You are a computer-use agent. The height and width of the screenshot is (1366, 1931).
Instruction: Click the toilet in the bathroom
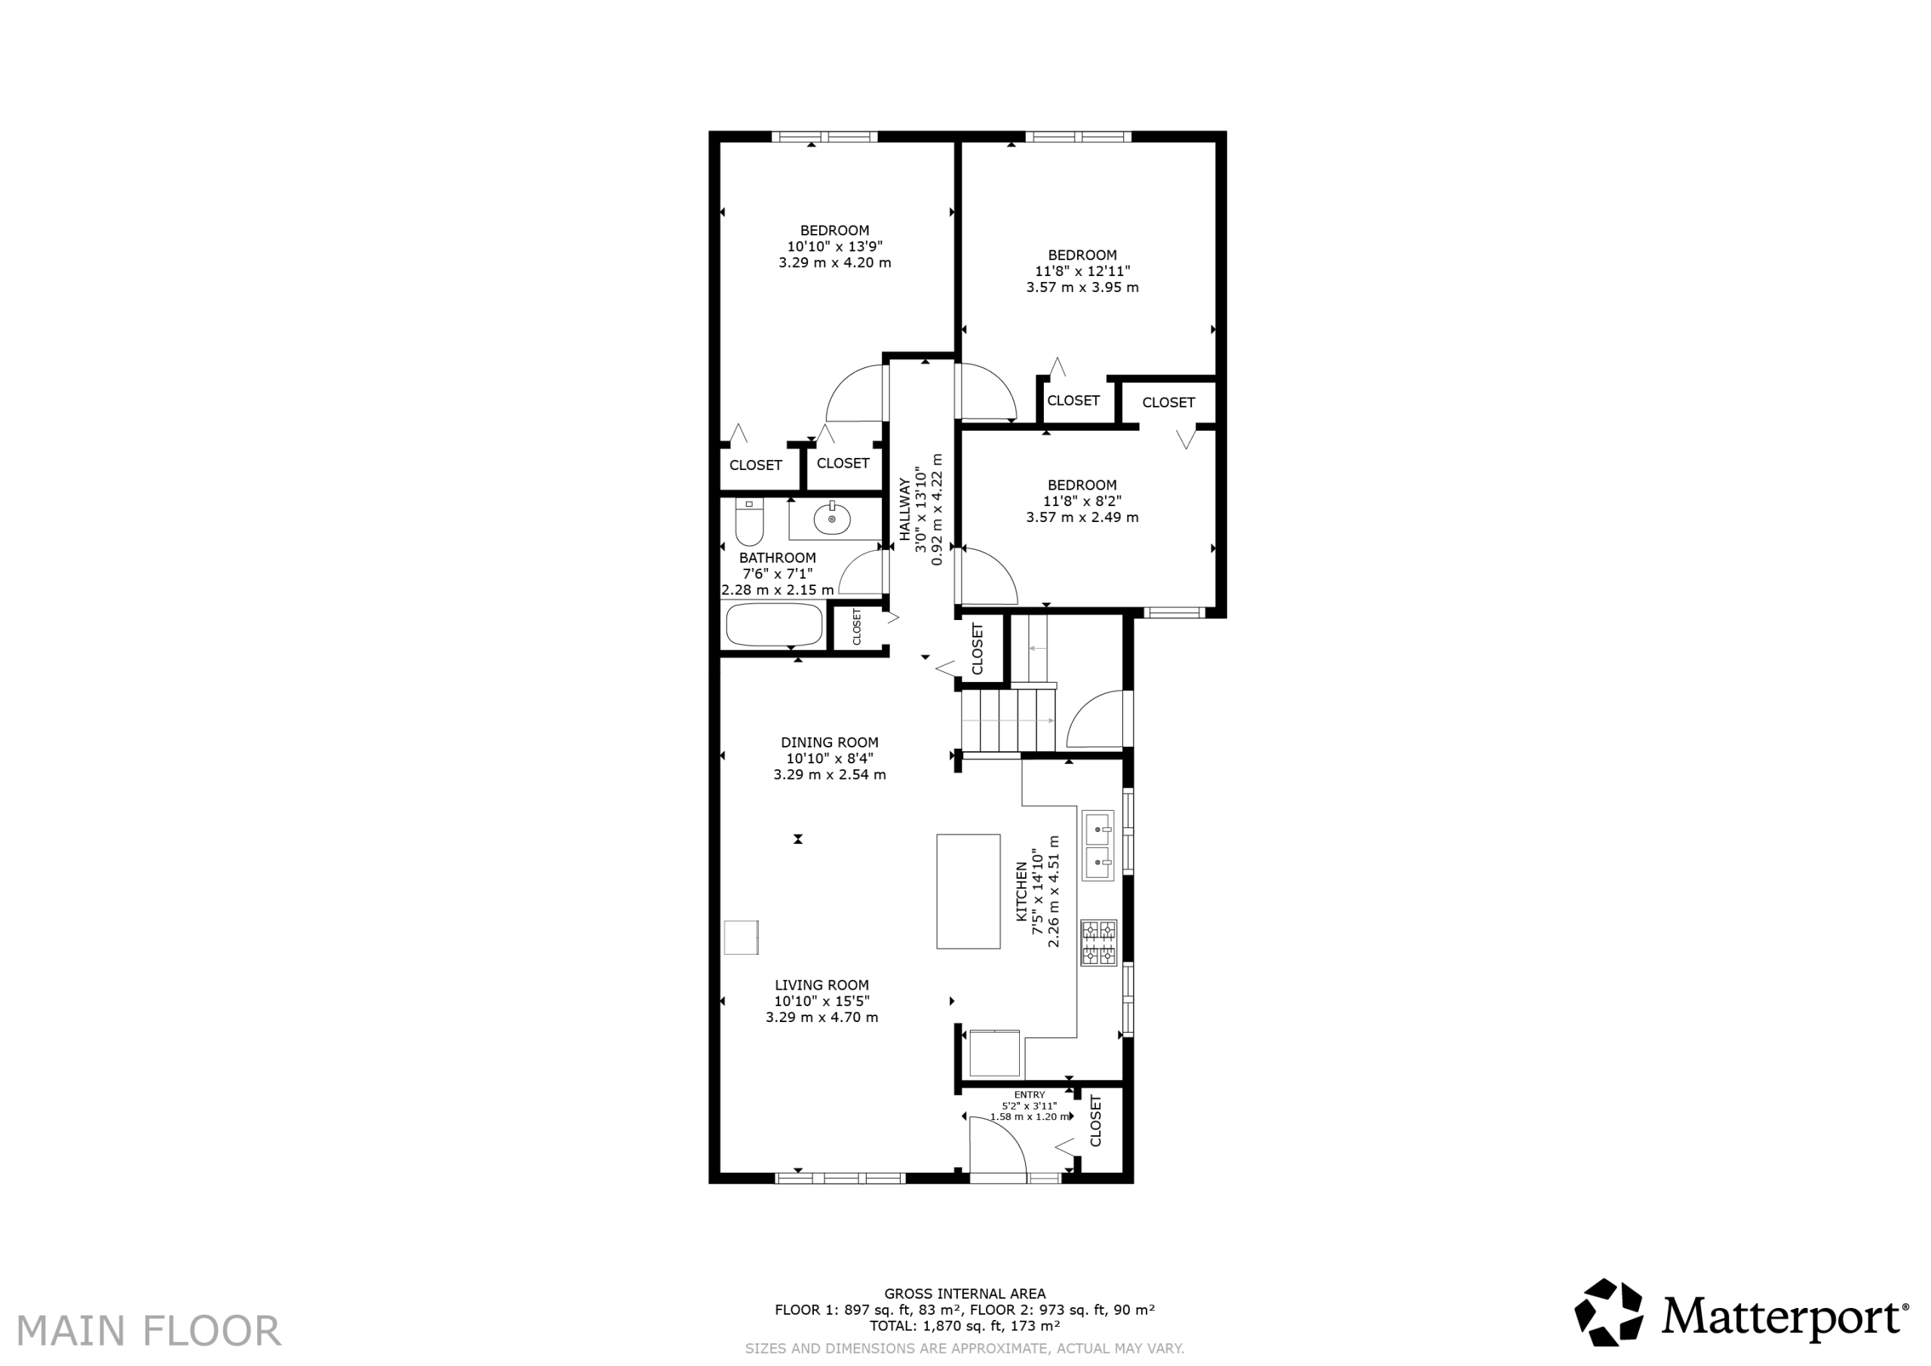(748, 521)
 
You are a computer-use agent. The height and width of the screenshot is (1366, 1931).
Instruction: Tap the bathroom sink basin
(832, 520)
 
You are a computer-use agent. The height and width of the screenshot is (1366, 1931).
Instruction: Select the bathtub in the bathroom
(775, 625)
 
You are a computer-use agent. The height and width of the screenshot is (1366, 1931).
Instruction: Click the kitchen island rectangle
(968, 892)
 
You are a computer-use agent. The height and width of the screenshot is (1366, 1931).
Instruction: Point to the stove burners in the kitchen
(1099, 943)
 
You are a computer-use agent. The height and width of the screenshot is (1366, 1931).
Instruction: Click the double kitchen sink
(1098, 846)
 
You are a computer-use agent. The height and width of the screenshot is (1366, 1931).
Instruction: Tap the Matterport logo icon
(1609, 1312)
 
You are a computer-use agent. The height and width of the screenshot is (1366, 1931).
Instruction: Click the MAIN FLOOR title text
(149, 1331)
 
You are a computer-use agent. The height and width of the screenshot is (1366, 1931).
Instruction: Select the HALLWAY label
(905, 509)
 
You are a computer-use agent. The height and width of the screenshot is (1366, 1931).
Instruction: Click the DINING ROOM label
(829, 743)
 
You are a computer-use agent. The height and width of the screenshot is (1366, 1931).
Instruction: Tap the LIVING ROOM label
(821, 985)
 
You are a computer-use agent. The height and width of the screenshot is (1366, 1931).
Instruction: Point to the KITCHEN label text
(1022, 892)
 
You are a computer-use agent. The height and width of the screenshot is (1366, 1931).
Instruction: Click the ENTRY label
(1030, 1094)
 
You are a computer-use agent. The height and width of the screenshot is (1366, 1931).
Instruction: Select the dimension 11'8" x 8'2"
(1082, 502)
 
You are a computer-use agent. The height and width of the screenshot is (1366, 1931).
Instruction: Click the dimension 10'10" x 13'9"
(835, 247)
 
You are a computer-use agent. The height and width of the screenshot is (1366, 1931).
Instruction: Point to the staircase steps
(1008, 719)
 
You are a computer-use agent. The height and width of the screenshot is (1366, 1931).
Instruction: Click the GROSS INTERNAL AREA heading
(965, 1294)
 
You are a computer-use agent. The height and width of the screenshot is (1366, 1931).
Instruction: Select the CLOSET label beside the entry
(1096, 1120)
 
